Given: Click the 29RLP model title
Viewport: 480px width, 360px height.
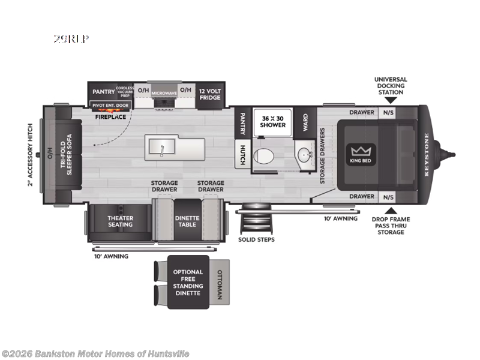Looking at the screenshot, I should click(71, 40).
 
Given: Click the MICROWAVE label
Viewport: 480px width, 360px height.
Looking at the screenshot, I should click(163, 94).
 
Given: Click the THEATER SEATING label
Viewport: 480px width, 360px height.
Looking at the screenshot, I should click(120, 221).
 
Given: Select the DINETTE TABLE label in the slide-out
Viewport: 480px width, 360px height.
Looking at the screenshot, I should click(186, 221).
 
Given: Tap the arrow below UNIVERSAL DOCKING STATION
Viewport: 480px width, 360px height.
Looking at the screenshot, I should click(391, 100).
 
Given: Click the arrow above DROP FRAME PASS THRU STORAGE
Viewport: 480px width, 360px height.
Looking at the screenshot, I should click(391, 210).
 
